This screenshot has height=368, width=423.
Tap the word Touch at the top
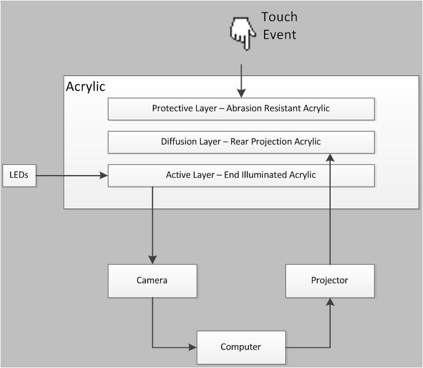[x=279, y=17]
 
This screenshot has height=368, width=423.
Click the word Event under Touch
[x=279, y=35]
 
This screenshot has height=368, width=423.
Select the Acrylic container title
[x=85, y=87]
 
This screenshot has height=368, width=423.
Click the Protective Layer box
[x=241, y=108]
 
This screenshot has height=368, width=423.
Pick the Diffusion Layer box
[x=241, y=141]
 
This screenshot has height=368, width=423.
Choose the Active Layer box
[x=241, y=175]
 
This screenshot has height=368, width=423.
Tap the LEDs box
[x=19, y=175]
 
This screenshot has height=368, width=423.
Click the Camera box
[x=152, y=280]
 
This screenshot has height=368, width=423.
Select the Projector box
[x=330, y=280]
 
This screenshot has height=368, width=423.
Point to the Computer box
[x=241, y=347]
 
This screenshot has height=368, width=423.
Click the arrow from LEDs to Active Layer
[x=72, y=176]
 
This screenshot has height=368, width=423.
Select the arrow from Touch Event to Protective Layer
[x=241, y=81]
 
